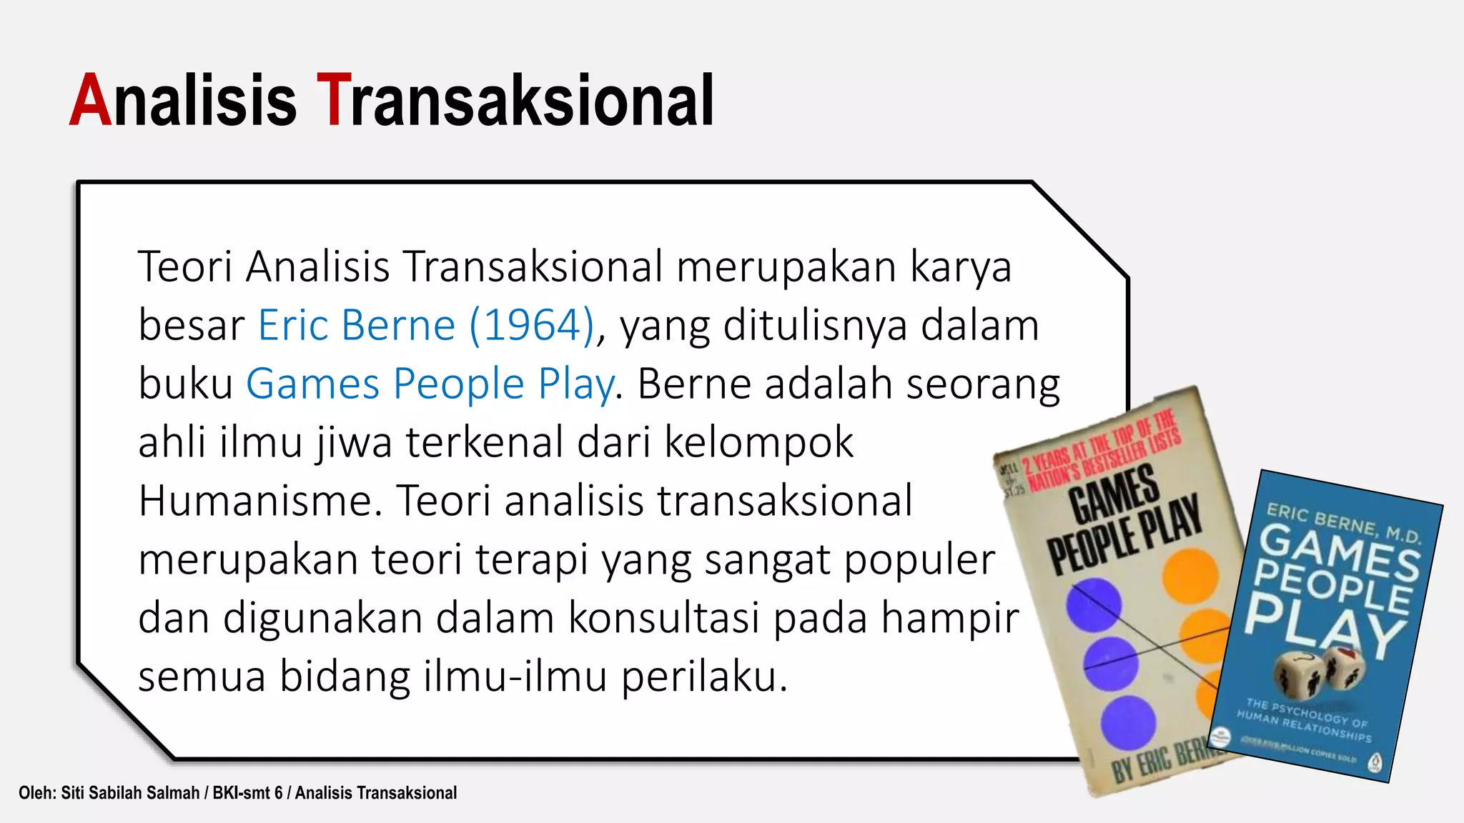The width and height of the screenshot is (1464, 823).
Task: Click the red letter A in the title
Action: (x=91, y=101)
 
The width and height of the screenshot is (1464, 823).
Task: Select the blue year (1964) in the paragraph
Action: (x=532, y=326)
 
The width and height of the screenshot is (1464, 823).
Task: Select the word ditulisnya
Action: (x=813, y=326)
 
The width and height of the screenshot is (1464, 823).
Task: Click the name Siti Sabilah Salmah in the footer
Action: (x=130, y=793)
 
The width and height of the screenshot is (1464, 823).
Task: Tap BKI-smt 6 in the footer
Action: (x=247, y=793)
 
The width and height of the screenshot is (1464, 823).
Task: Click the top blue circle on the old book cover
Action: (x=1093, y=604)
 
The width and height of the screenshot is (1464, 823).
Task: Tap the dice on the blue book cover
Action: (x=1319, y=672)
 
